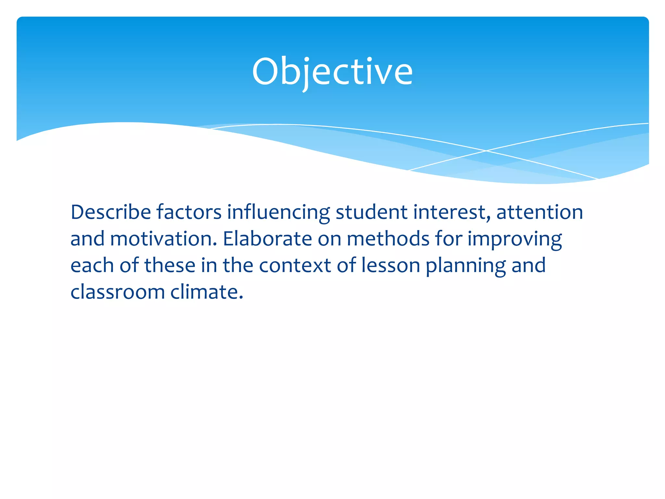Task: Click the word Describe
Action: pos(111,212)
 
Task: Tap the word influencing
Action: pos(278,213)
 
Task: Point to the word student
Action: pos(371,212)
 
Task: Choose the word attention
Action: pos(539,212)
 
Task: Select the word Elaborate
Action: pos(267,239)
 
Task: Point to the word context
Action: pos(295,265)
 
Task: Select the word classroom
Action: pos(118,292)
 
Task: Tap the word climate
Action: pos(207,292)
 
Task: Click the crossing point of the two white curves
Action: pos(486,151)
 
